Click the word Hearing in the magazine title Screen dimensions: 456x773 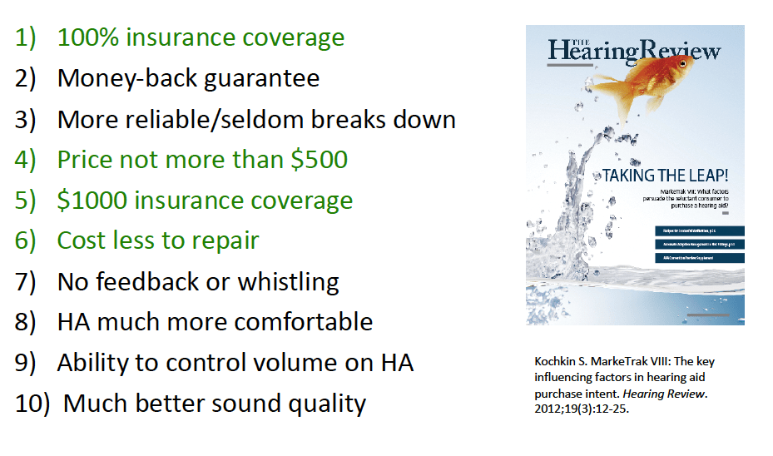(592, 52)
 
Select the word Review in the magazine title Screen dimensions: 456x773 (680, 51)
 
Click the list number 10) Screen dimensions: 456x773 (33, 404)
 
